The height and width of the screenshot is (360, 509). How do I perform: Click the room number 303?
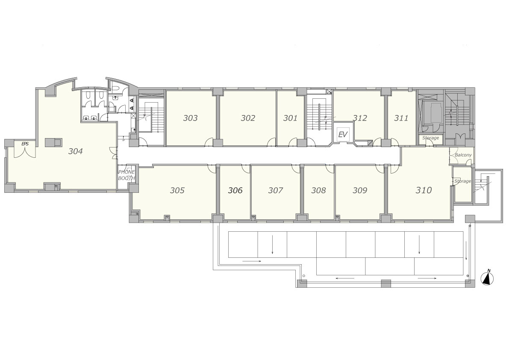(x=190, y=118)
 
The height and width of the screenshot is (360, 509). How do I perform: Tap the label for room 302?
(x=248, y=118)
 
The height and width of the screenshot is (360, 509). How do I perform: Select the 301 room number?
(x=290, y=118)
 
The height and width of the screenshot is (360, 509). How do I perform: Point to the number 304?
(x=75, y=151)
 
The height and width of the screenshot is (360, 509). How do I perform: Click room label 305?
(x=177, y=190)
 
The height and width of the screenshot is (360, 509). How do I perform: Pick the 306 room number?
(x=235, y=190)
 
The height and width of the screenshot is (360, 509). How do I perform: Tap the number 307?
(x=275, y=190)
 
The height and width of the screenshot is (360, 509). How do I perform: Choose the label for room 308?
(x=318, y=190)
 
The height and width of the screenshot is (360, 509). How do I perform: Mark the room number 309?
(x=360, y=190)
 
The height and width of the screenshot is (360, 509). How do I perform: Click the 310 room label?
(x=424, y=190)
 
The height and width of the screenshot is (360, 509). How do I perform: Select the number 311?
(x=401, y=118)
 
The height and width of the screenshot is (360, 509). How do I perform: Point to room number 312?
(x=360, y=118)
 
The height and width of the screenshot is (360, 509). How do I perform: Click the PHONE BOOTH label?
(x=127, y=175)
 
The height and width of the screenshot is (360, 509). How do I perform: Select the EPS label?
(x=25, y=144)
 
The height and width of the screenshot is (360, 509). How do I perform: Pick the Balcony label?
(x=463, y=155)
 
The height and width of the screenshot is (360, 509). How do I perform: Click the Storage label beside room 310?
(x=462, y=181)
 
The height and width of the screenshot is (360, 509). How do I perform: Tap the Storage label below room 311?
(x=430, y=138)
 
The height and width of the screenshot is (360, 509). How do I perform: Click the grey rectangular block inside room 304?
(x=53, y=142)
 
